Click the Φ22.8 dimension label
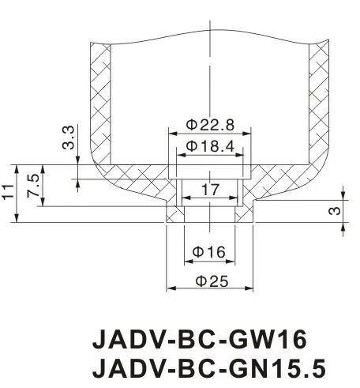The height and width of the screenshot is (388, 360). (209, 125)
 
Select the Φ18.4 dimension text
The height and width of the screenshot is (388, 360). (209, 146)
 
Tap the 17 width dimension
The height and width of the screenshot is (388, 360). (209, 190)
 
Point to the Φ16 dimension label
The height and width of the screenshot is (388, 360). (209, 251)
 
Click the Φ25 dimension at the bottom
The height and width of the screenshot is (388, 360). (209, 281)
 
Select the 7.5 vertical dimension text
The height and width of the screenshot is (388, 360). (33, 187)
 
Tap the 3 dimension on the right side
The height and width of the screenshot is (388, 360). (334, 210)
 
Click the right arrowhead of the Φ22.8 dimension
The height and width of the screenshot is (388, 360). (249, 134)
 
